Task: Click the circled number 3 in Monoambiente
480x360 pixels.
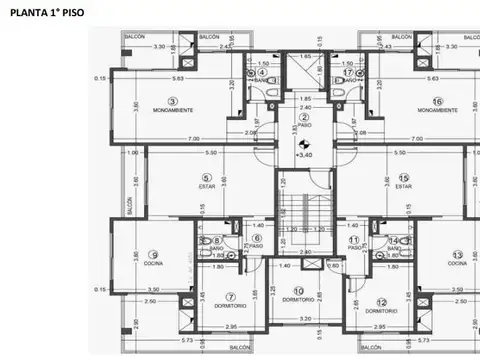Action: pos(172,101)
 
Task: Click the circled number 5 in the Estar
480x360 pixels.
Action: pos(205,177)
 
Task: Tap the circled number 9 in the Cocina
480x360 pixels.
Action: pos(153,254)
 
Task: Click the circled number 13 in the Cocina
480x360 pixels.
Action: pos(457,254)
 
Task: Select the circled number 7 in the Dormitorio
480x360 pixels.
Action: pos(230,296)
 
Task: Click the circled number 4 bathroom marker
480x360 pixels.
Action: pos(262,72)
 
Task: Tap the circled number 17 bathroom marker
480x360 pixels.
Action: pos(348,72)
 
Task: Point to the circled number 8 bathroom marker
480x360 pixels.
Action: pos(217,241)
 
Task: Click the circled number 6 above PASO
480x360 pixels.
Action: pos(256,238)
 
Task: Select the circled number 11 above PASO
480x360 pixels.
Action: pos(354,239)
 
